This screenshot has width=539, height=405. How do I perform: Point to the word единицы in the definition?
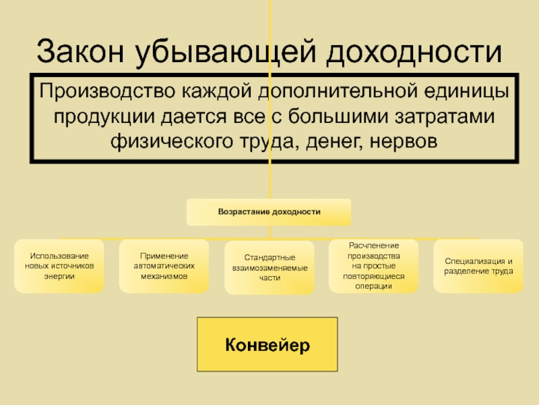(x=460, y=91)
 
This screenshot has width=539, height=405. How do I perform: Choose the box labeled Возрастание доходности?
(x=269, y=212)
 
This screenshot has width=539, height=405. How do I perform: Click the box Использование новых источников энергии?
(x=61, y=267)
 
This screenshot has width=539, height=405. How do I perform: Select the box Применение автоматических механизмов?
(x=164, y=267)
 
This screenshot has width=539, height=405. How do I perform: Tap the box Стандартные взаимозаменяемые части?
(x=269, y=268)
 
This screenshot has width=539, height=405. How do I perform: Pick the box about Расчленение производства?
(x=373, y=266)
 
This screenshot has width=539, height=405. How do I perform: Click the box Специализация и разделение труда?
(x=478, y=266)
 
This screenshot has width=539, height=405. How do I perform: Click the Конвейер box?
(x=267, y=346)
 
